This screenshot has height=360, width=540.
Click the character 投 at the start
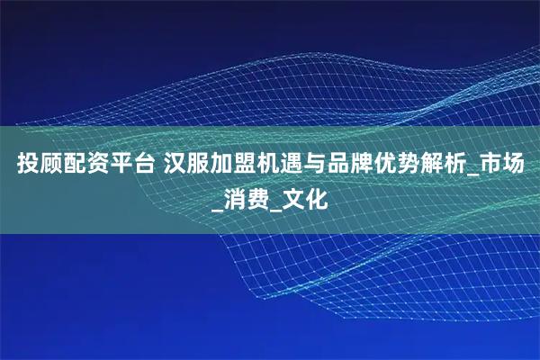[x=28, y=166]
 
